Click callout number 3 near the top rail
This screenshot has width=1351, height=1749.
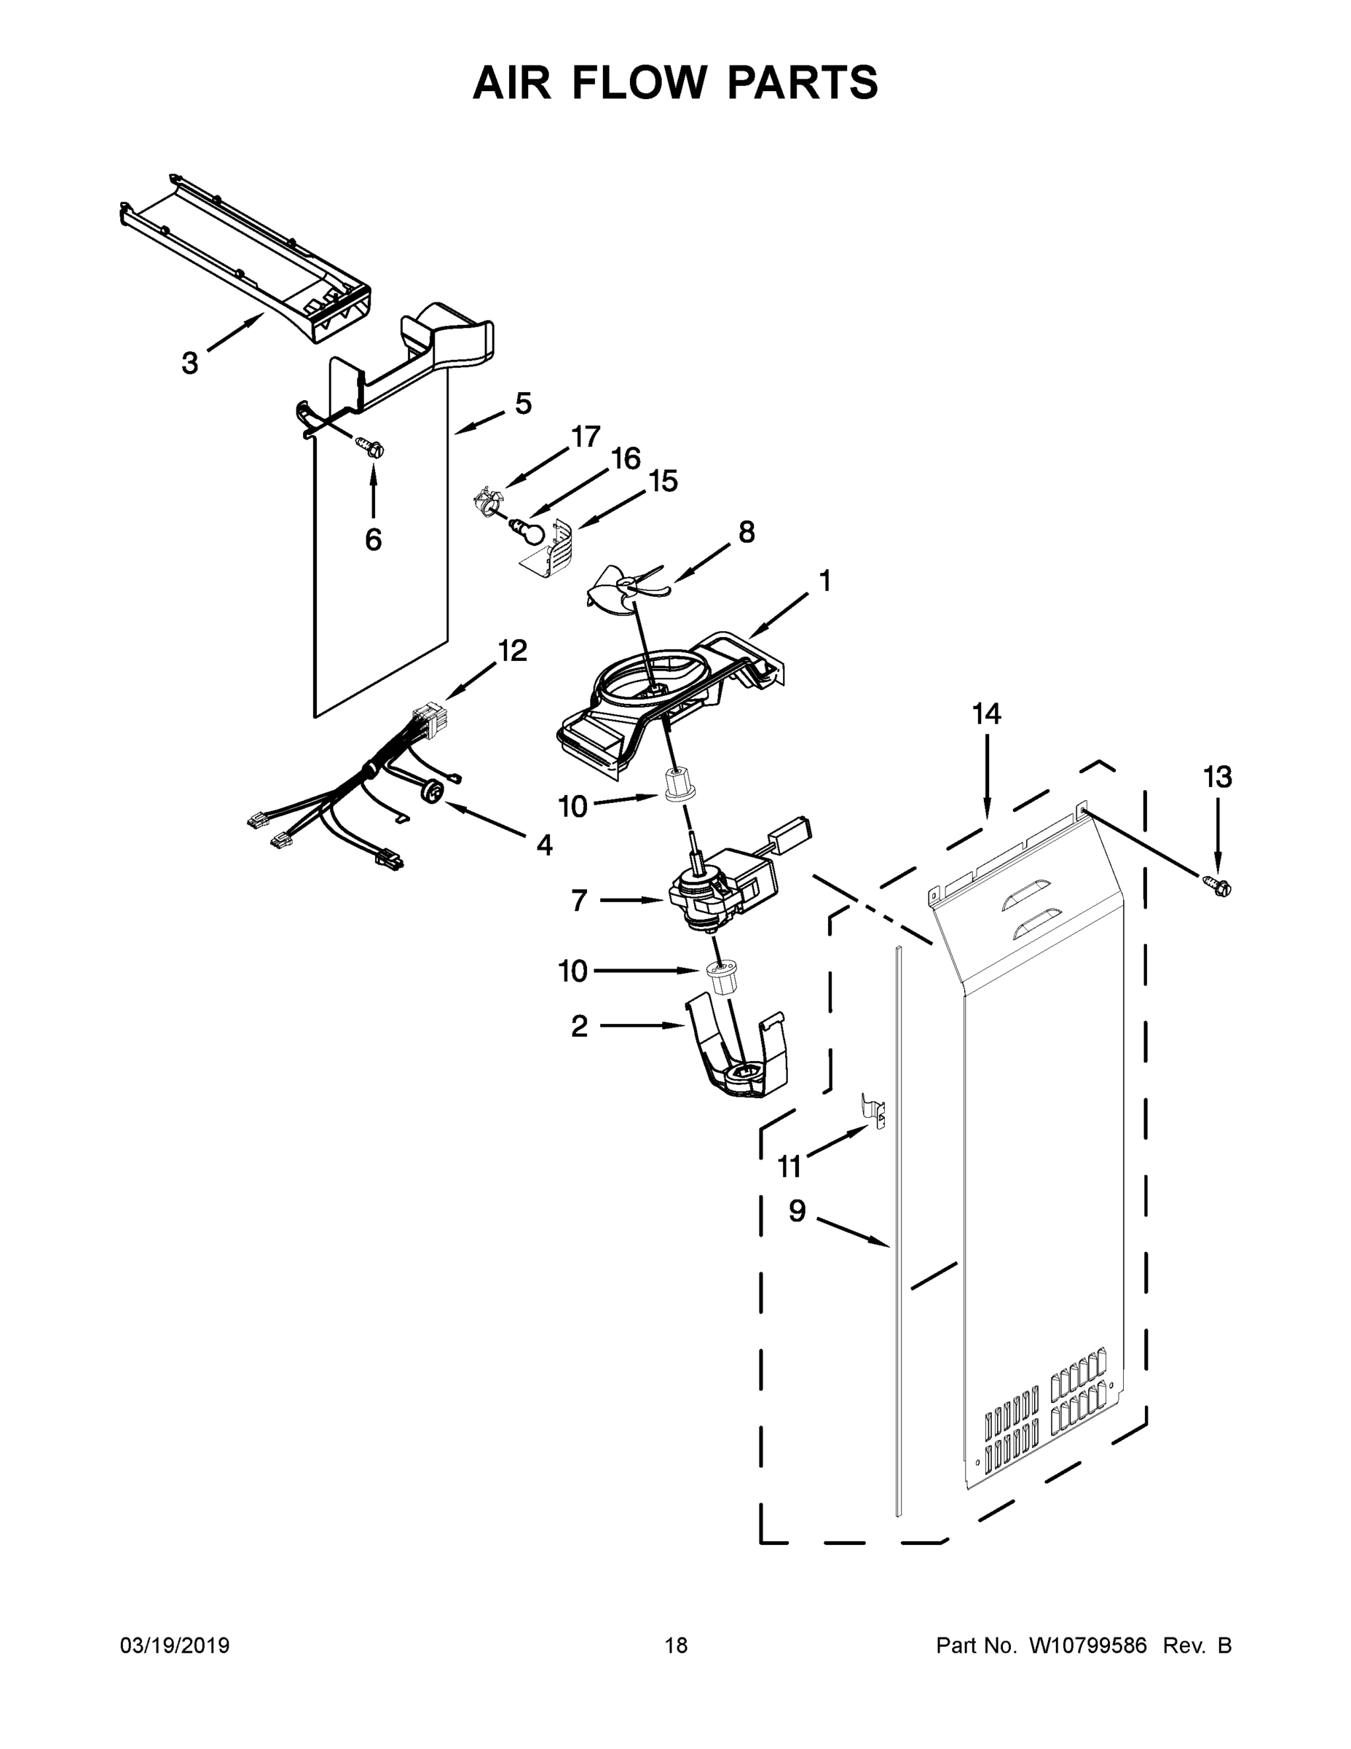pyautogui.click(x=189, y=364)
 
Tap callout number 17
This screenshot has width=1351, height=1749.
pyautogui.click(x=586, y=437)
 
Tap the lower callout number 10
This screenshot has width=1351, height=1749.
pyautogui.click(x=573, y=972)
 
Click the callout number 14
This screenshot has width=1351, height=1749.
pyautogui.click(x=987, y=713)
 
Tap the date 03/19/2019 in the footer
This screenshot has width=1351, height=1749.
pyautogui.click(x=175, y=1646)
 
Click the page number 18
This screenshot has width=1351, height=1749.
pyautogui.click(x=677, y=1646)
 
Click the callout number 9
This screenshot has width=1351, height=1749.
pyautogui.click(x=797, y=1211)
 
